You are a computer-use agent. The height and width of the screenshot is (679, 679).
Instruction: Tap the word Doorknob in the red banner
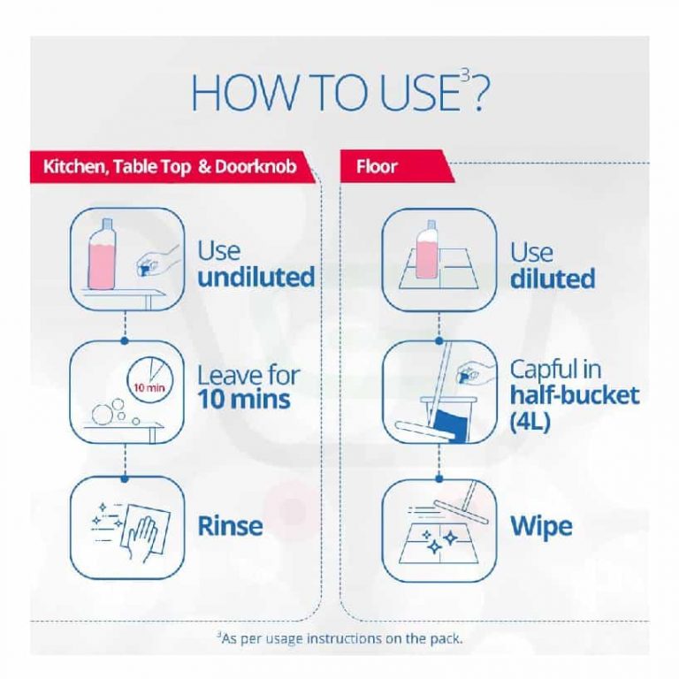pos(256,166)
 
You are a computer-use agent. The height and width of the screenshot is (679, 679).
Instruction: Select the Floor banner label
pos(377,167)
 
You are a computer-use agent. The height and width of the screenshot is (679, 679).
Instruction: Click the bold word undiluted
pos(256,277)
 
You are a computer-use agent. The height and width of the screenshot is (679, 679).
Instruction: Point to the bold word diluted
pos(553,278)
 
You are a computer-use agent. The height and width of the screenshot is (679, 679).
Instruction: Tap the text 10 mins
pos(244,400)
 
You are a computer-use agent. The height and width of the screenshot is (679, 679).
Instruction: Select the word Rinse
pos(230,526)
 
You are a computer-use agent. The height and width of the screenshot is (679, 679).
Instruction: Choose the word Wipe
pos(541,527)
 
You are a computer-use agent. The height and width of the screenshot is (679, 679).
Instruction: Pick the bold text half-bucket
pos(575,394)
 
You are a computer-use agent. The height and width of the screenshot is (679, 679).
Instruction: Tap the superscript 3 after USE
pos(465,77)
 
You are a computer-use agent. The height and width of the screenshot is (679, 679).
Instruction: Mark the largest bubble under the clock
pos(102,413)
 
